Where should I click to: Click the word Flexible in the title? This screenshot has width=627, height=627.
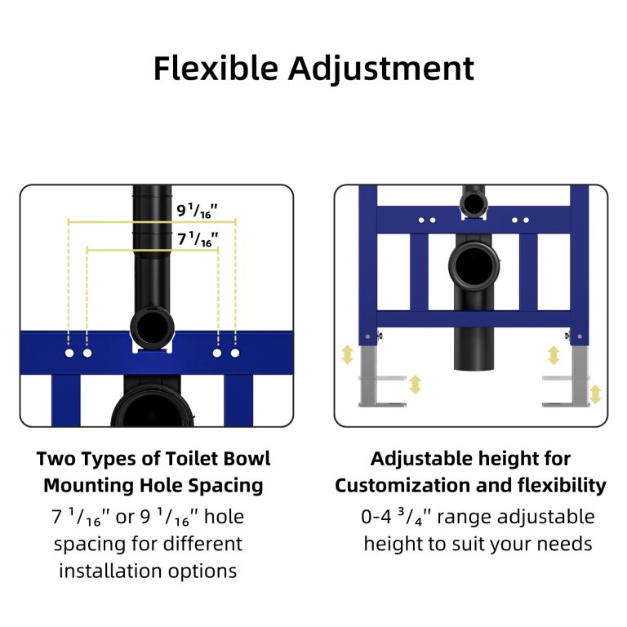(216, 68)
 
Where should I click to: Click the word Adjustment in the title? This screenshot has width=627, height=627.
(381, 69)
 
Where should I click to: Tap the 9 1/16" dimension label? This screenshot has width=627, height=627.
(197, 211)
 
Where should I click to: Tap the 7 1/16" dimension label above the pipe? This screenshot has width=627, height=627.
(198, 238)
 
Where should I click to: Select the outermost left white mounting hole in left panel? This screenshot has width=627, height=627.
(69, 353)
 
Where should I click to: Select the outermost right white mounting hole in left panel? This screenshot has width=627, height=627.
(235, 353)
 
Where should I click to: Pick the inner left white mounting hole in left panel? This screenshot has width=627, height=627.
(87, 353)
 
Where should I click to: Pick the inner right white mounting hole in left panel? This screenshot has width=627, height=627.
(217, 353)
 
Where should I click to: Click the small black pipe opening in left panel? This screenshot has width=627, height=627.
(153, 328)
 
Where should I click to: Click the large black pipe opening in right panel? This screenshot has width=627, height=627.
(474, 266)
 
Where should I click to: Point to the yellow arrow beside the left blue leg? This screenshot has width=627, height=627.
(348, 354)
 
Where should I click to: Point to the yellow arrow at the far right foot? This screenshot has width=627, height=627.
(595, 394)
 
